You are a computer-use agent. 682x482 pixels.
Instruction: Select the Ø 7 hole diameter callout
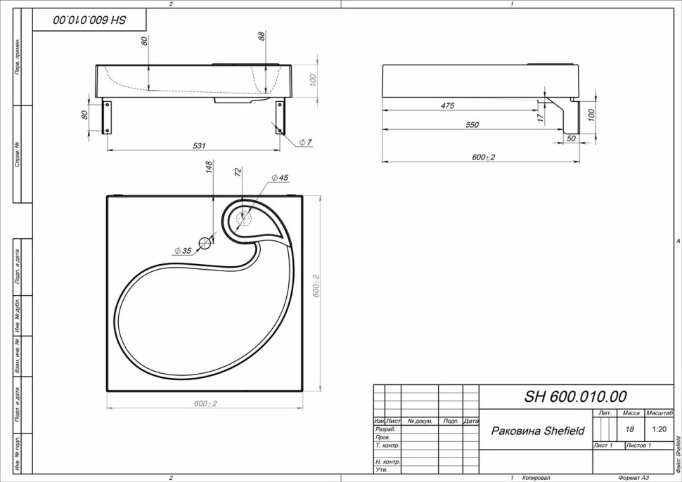(305, 143)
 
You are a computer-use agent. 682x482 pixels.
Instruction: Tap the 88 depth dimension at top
(262, 37)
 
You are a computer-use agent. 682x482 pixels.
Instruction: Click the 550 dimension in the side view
(471, 125)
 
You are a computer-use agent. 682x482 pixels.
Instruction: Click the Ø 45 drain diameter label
(280, 178)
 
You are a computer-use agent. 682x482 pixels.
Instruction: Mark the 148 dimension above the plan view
(209, 167)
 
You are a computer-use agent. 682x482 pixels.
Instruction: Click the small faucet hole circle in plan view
(205, 243)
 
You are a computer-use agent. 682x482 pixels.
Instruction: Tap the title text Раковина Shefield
(537, 431)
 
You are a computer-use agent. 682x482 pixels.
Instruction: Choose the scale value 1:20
(660, 429)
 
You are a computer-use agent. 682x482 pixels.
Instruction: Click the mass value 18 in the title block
(630, 429)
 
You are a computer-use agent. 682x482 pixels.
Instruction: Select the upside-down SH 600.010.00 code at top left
(89, 20)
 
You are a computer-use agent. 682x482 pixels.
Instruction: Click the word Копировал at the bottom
(535, 477)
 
